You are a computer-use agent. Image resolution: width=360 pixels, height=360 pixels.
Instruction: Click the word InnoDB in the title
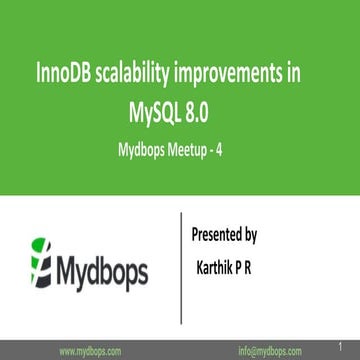(x=63, y=75)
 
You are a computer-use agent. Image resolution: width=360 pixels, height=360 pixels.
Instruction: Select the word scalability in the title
(x=138, y=75)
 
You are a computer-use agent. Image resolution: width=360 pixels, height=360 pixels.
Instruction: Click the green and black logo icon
(x=41, y=261)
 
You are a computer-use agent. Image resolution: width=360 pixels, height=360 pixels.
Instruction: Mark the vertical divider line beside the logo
(x=180, y=261)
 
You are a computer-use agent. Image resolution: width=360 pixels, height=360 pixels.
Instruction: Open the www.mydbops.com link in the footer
(x=92, y=351)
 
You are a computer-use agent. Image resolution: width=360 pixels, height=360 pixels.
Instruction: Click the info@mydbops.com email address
(x=273, y=351)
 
